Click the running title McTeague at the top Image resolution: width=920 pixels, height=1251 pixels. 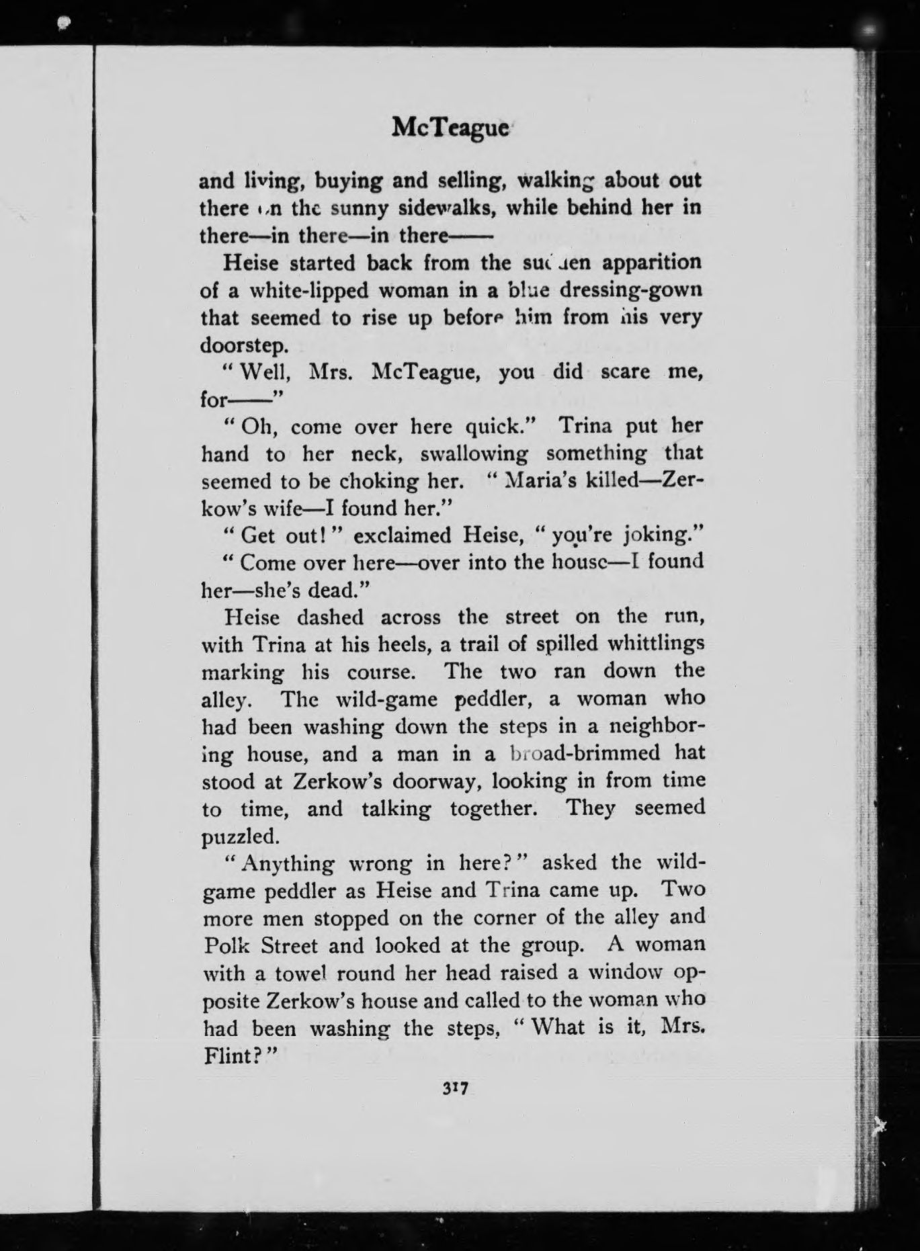450,127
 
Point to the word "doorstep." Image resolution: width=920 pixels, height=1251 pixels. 245,345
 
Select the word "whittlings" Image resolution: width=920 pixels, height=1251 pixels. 656,644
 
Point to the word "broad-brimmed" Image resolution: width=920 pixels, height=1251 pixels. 584,753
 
